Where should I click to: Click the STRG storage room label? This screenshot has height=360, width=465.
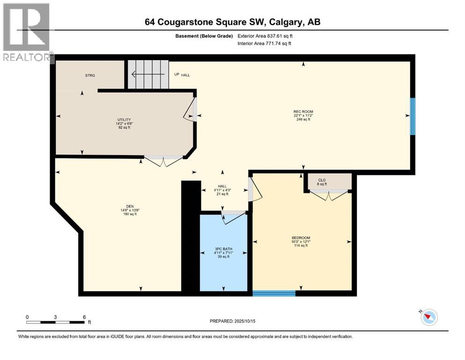90,75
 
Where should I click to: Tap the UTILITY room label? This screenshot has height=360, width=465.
124,120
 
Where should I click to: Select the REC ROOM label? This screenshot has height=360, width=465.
300,112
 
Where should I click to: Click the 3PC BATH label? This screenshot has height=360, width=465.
223,249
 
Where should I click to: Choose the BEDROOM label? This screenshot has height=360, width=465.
301,238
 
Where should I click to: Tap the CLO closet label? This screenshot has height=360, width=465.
322,180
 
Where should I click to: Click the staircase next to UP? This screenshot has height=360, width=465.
148,74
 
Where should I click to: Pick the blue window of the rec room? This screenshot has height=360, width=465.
413,116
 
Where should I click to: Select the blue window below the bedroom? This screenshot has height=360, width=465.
274,293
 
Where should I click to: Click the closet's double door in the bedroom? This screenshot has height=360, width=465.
330,194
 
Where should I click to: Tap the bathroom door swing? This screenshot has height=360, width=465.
234,217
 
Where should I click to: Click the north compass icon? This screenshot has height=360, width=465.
429,317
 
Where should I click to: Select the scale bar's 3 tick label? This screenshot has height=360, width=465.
55,317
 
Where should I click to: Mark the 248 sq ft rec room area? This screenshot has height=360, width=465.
301,120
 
